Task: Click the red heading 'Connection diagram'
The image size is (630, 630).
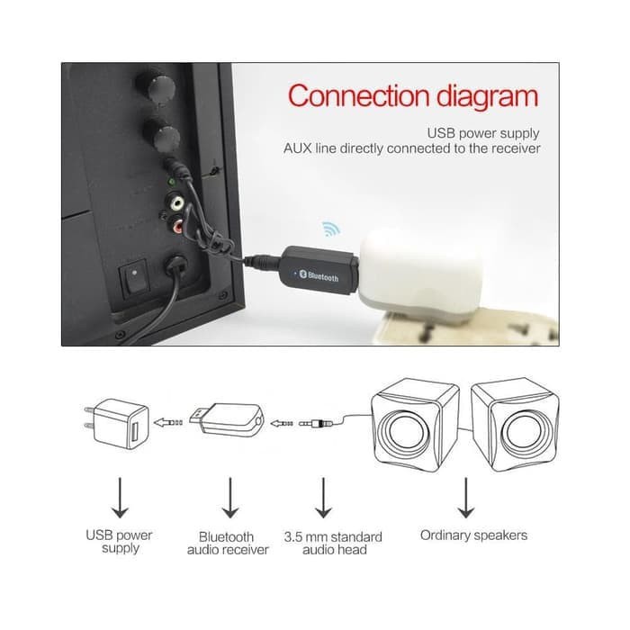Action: (412, 96)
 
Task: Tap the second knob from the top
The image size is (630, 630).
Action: (165, 139)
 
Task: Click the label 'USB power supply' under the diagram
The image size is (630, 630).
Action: (120, 541)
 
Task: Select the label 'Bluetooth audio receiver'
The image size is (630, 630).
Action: (228, 543)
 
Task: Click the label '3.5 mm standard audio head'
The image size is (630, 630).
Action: (333, 543)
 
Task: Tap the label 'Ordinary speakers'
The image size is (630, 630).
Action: (473, 535)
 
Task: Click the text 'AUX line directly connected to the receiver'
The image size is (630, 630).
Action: (412, 148)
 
